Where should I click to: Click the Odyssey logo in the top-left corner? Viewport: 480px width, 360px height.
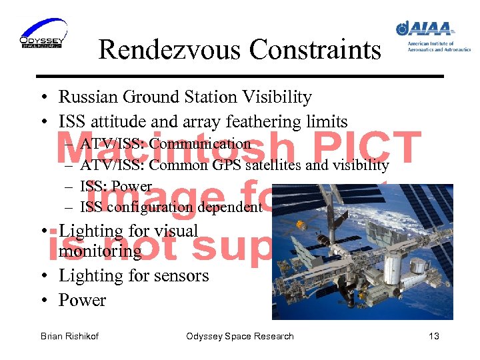click(43, 35)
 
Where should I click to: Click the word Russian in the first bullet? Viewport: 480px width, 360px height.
click(85, 97)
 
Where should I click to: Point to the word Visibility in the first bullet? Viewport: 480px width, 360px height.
click(279, 97)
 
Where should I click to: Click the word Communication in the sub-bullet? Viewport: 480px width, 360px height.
click(200, 144)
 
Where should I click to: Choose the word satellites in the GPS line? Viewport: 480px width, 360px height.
click(273, 165)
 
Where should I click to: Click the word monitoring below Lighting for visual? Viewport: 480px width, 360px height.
click(100, 251)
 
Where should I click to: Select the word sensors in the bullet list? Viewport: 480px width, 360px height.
click(181, 276)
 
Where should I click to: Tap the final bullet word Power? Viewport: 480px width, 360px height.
click(82, 301)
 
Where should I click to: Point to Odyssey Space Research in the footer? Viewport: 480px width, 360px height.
click(240, 336)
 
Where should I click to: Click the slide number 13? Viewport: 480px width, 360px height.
click(434, 336)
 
